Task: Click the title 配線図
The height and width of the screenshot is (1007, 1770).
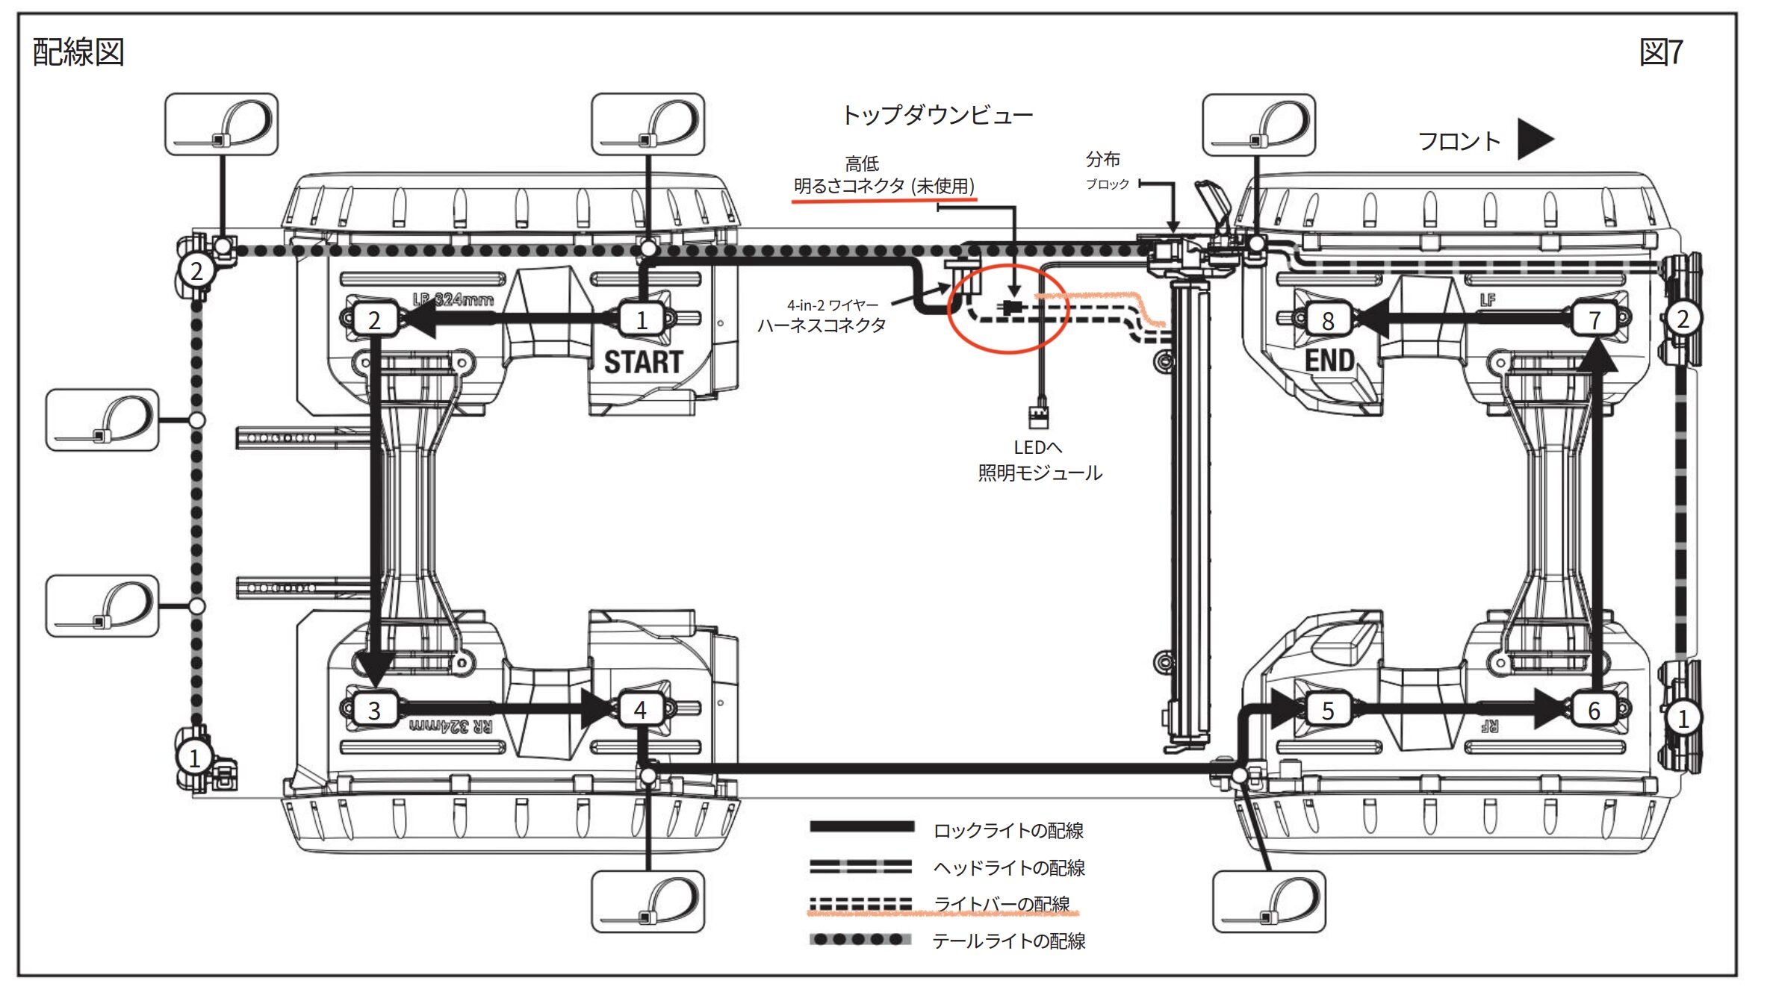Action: coord(78,52)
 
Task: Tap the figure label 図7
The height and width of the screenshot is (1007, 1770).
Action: coord(1661,52)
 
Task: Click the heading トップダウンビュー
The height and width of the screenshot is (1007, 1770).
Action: coord(937,115)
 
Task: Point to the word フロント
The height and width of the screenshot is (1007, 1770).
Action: coord(1459,141)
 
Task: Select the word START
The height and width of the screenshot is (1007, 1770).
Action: coord(643,362)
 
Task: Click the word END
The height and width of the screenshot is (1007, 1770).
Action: coord(1329,361)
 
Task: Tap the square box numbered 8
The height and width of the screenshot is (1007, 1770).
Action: coord(1327,320)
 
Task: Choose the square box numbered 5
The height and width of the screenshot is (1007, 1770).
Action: coord(1327,710)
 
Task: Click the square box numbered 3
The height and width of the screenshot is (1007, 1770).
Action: coord(374,710)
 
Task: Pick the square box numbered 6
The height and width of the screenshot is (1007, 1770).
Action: coord(1594,710)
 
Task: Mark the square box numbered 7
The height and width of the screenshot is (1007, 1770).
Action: coord(1594,319)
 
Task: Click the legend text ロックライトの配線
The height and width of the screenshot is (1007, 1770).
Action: coord(1008,830)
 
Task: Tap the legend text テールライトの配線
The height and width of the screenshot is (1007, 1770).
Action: coord(1008,941)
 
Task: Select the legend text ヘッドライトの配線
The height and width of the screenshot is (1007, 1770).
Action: coord(1008,867)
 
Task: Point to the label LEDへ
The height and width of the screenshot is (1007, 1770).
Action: coord(1037,447)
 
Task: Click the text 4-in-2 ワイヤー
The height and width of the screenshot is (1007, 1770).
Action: coord(833,305)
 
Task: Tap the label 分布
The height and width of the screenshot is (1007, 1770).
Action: coord(1102,159)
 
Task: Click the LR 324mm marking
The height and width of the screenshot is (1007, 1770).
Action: coord(453,299)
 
